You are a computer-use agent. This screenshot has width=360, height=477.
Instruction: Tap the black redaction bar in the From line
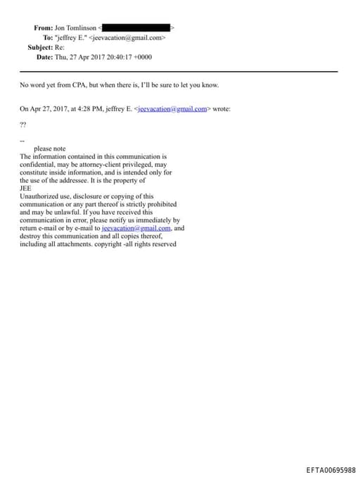click(137, 28)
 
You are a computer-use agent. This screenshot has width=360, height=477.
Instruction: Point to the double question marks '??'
click(23, 124)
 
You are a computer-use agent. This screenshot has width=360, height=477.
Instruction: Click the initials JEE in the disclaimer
click(25, 189)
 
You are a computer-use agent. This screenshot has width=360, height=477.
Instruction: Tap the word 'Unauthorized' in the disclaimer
click(40, 196)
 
